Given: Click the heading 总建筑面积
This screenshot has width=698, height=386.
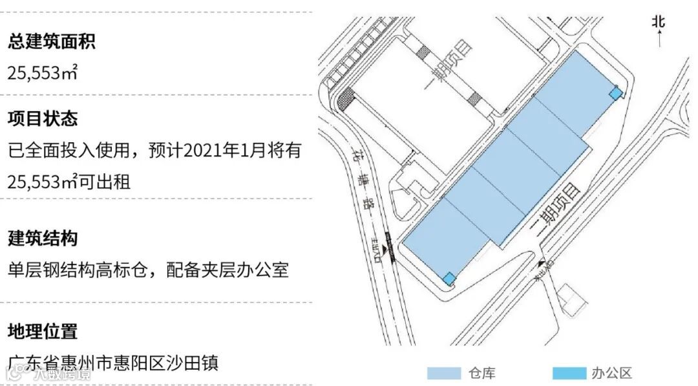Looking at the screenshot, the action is click(52, 43).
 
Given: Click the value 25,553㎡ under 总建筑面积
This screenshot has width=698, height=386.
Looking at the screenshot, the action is click(43, 72).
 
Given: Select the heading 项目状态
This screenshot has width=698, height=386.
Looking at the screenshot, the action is click(43, 119).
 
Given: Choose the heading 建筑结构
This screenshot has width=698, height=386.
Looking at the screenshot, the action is click(43, 238).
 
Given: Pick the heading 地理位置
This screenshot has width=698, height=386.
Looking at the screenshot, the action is click(43, 332).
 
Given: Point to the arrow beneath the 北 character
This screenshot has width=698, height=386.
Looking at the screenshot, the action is click(658, 40).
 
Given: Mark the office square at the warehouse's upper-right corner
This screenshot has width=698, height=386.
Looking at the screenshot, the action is click(617, 94).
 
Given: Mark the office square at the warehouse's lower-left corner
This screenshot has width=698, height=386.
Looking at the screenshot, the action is click(449, 279).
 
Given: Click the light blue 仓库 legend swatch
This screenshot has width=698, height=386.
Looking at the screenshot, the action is click(443, 373).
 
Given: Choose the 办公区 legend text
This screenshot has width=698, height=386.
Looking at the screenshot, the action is click(611, 373).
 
